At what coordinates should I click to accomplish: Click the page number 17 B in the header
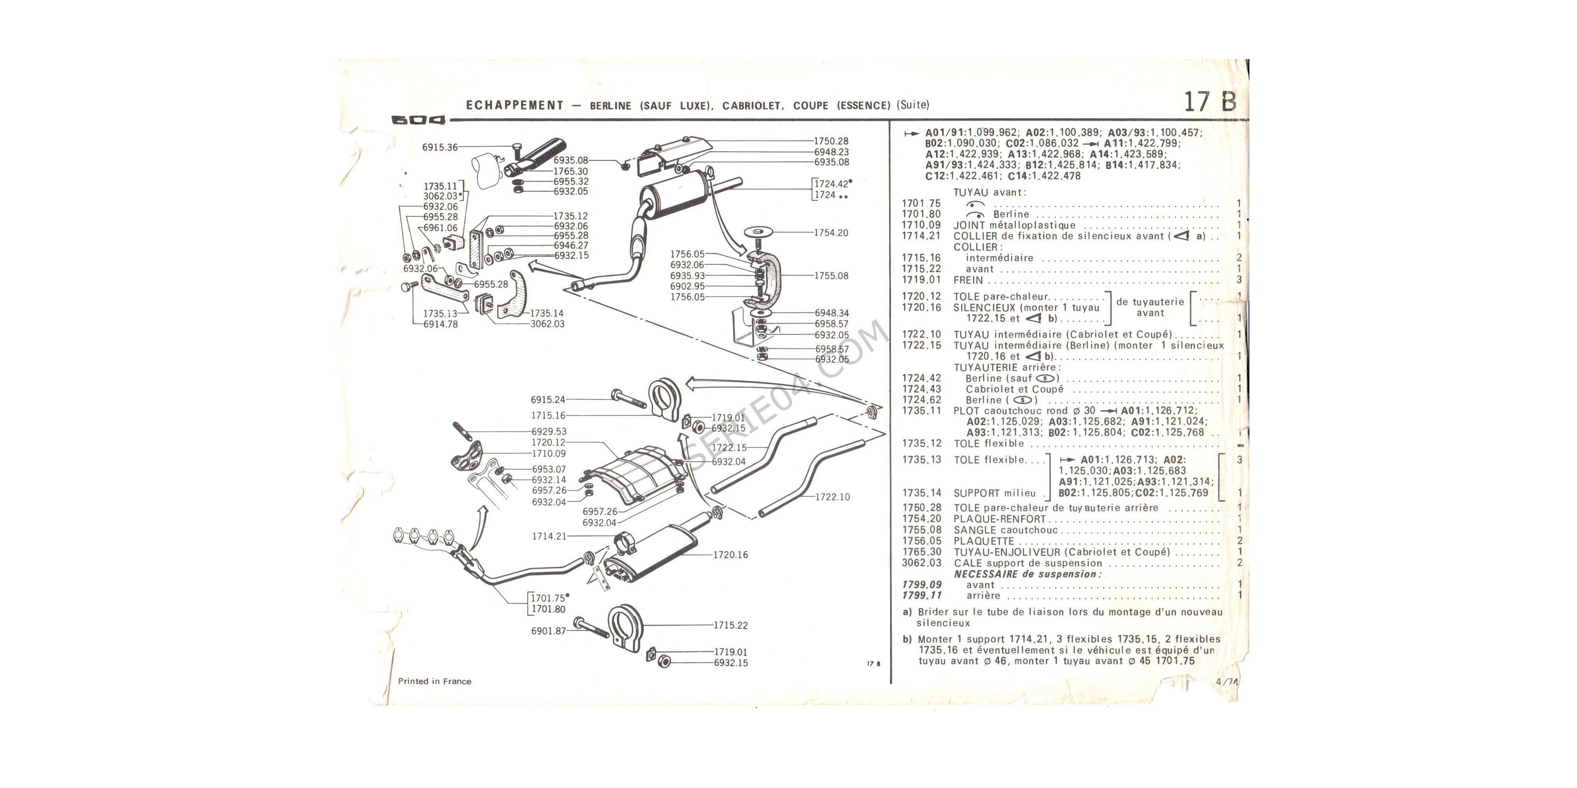tap(1209, 102)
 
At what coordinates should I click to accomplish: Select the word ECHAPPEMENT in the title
tap(514, 105)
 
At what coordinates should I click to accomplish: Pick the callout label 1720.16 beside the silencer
tap(730, 555)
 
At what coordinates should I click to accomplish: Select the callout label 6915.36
tap(440, 147)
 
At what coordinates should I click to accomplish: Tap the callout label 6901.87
tap(548, 631)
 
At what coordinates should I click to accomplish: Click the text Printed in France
tap(434, 681)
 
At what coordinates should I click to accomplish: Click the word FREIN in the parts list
tap(968, 280)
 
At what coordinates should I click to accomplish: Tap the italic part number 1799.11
tap(921, 595)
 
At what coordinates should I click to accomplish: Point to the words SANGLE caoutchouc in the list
tap(1005, 530)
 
